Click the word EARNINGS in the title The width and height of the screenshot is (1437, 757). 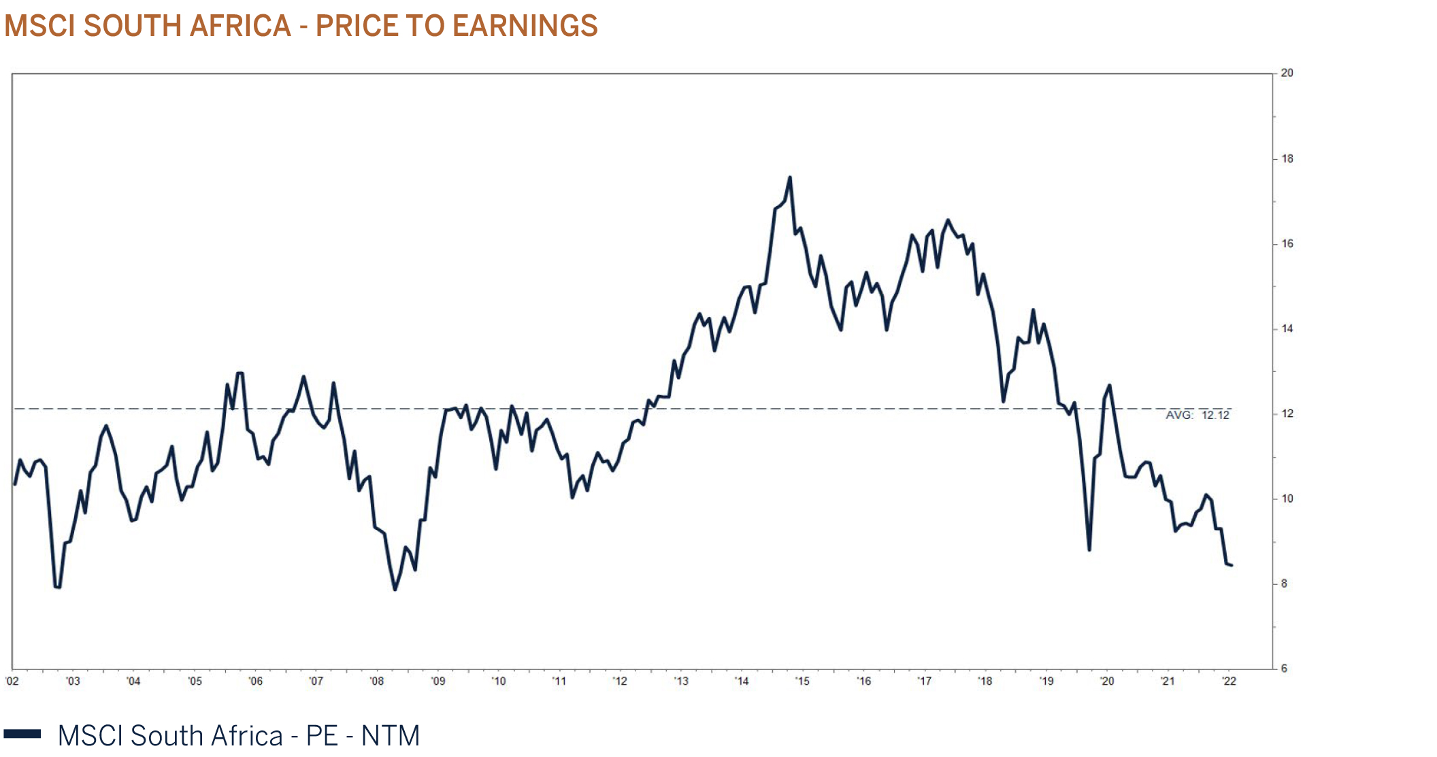point(525,26)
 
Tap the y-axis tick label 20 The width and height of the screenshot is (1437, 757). point(1287,73)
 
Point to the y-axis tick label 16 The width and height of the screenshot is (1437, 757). point(1287,243)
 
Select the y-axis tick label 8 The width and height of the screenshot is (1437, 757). point(1284,584)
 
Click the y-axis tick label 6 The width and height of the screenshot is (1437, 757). point(1284,669)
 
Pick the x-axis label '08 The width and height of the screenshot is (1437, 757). point(376,681)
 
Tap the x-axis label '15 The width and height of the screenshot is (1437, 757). point(802,681)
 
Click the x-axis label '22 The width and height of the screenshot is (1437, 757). point(1229,681)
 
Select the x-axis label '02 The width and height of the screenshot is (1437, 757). point(12,681)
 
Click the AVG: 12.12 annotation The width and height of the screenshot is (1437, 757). point(1197,415)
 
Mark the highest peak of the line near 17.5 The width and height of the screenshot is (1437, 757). point(790,178)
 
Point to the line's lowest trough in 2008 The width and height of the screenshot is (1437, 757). point(395,589)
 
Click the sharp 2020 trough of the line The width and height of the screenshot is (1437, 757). point(1089,550)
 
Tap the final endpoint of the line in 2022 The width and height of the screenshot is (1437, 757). point(1232,565)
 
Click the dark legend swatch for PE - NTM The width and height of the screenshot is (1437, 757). point(22,734)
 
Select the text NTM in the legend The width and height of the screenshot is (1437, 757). point(390,735)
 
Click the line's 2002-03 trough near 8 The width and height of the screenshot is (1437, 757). point(57,586)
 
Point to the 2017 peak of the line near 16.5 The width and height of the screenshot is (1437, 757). point(948,220)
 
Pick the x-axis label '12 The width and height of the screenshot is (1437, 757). point(619,681)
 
